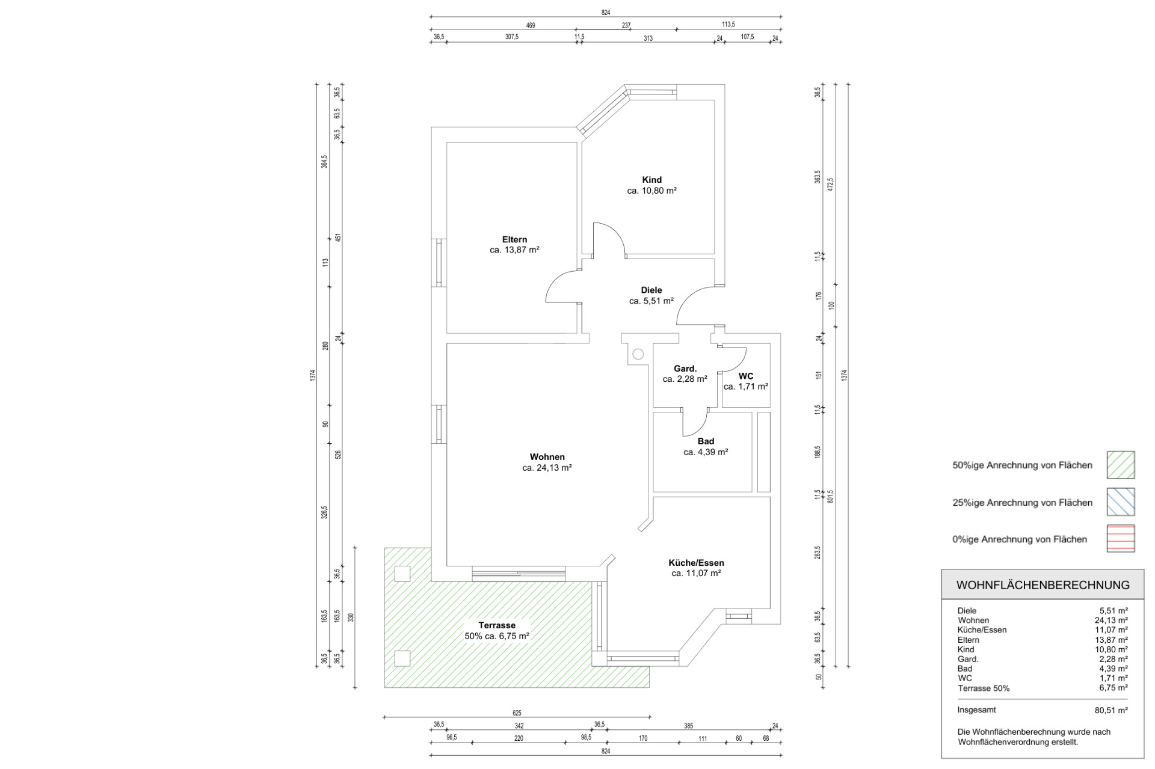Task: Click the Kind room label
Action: click(651, 180)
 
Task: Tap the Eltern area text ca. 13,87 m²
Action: click(514, 250)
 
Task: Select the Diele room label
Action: click(651, 290)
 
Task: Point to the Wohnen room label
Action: click(547, 457)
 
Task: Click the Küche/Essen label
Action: click(696, 563)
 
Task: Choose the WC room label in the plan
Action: click(746, 376)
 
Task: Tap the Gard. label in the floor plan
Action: click(685, 369)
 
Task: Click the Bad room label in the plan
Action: click(706, 441)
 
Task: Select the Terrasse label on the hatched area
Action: click(497, 625)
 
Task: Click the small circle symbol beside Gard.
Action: click(638, 354)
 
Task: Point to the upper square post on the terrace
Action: click(402, 574)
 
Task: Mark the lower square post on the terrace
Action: click(402, 658)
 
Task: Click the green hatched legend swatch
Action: click(1121, 465)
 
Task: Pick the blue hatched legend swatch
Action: click(1121, 502)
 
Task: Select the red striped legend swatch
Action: click(1121, 539)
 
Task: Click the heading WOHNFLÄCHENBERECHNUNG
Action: click(1043, 585)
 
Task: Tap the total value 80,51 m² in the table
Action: click(1111, 710)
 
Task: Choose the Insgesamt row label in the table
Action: click(977, 710)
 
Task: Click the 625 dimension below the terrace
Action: click(517, 713)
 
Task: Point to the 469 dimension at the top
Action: click(531, 25)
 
